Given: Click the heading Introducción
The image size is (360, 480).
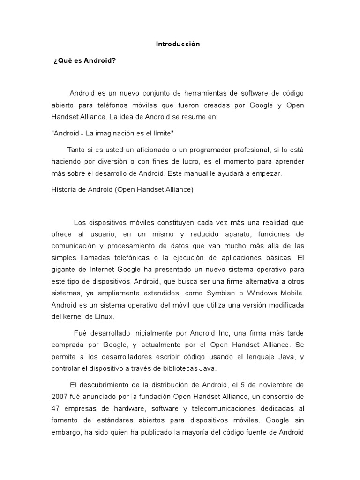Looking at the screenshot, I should [178, 44].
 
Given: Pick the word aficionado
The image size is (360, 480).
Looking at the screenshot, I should [136, 150].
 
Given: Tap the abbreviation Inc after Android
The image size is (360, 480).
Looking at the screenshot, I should [223, 333].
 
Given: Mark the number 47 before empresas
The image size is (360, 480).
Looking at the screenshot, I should [56, 408].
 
